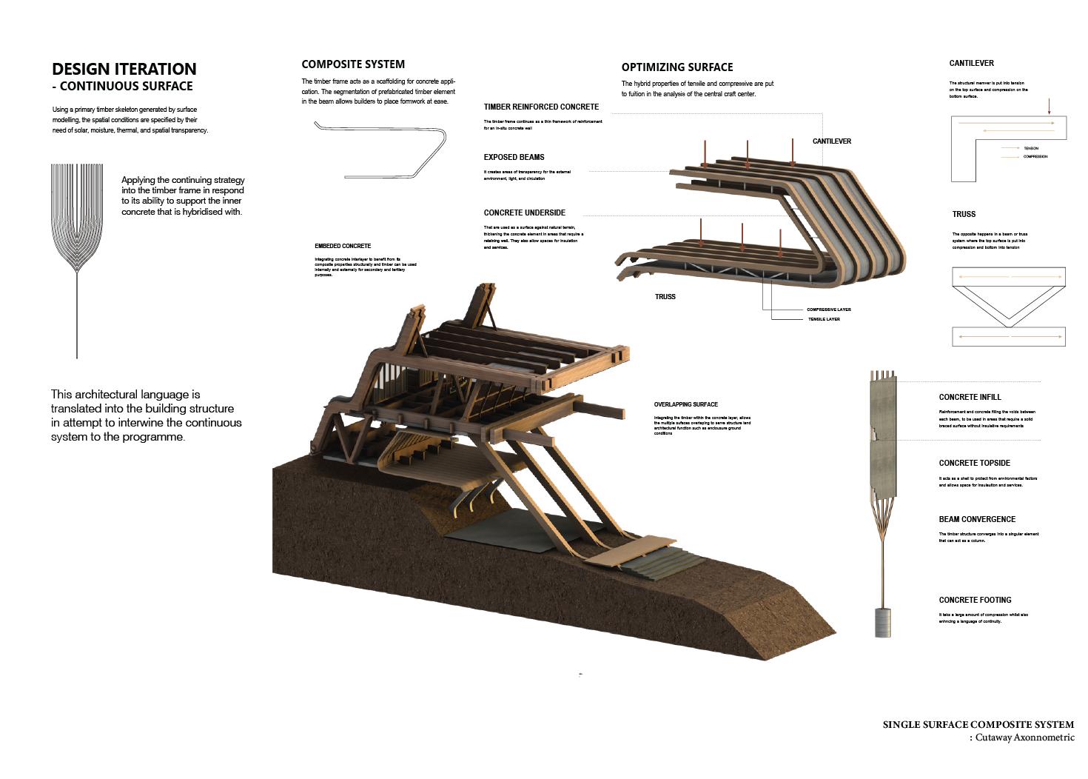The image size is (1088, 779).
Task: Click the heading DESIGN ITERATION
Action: point(124,69)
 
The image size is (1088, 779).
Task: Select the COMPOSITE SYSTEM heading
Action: point(353,64)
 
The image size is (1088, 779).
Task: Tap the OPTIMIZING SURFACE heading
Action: point(677,67)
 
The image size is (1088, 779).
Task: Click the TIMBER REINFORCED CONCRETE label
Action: point(541,107)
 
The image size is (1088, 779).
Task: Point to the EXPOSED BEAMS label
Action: point(514,157)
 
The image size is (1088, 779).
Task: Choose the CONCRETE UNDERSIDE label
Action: point(524,213)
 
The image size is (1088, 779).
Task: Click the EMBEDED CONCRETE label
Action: point(343,246)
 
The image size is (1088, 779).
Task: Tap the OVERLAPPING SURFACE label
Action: point(685,404)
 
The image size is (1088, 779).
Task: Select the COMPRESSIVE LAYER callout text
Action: point(828,310)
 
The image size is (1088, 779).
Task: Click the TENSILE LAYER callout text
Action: point(824,319)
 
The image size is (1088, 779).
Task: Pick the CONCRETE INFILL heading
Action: point(970,397)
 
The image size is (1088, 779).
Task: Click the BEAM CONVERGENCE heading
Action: point(977,519)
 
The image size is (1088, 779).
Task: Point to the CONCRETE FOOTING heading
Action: point(975,600)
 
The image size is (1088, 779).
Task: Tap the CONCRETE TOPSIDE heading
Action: point(974,463)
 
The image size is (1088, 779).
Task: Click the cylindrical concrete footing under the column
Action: point(883,622)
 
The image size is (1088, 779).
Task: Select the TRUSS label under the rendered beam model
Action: point(665,297)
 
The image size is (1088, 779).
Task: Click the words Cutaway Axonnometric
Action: point(1024,738)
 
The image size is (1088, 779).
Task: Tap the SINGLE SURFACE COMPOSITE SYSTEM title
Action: point(978,724)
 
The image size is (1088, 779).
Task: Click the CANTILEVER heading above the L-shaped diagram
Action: point(971,64)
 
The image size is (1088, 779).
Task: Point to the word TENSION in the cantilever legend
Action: point(1031,148)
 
